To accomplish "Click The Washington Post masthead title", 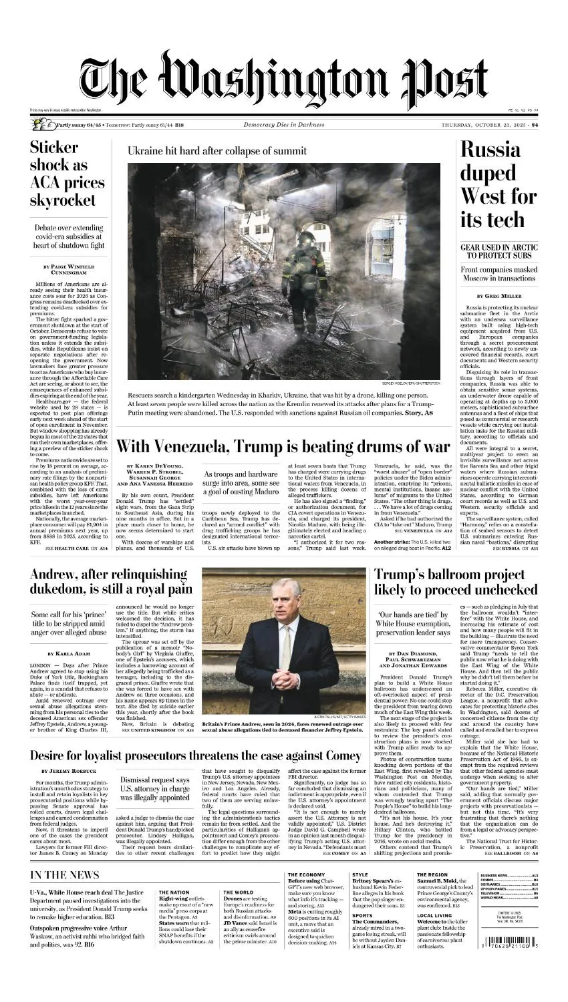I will [x=284, y=81].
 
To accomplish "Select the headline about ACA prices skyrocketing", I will [x=67, y=174].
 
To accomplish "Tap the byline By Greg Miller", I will [x=499, y=295].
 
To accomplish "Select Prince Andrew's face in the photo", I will [x=283, y=599].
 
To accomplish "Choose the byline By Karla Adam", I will [x=69, y=653].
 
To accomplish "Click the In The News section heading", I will [x=65, y=875].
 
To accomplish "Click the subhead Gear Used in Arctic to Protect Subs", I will [x=499, y=251].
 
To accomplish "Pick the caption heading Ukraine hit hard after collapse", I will [x=217, y=151].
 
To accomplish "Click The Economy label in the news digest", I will [x=307, y=874].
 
